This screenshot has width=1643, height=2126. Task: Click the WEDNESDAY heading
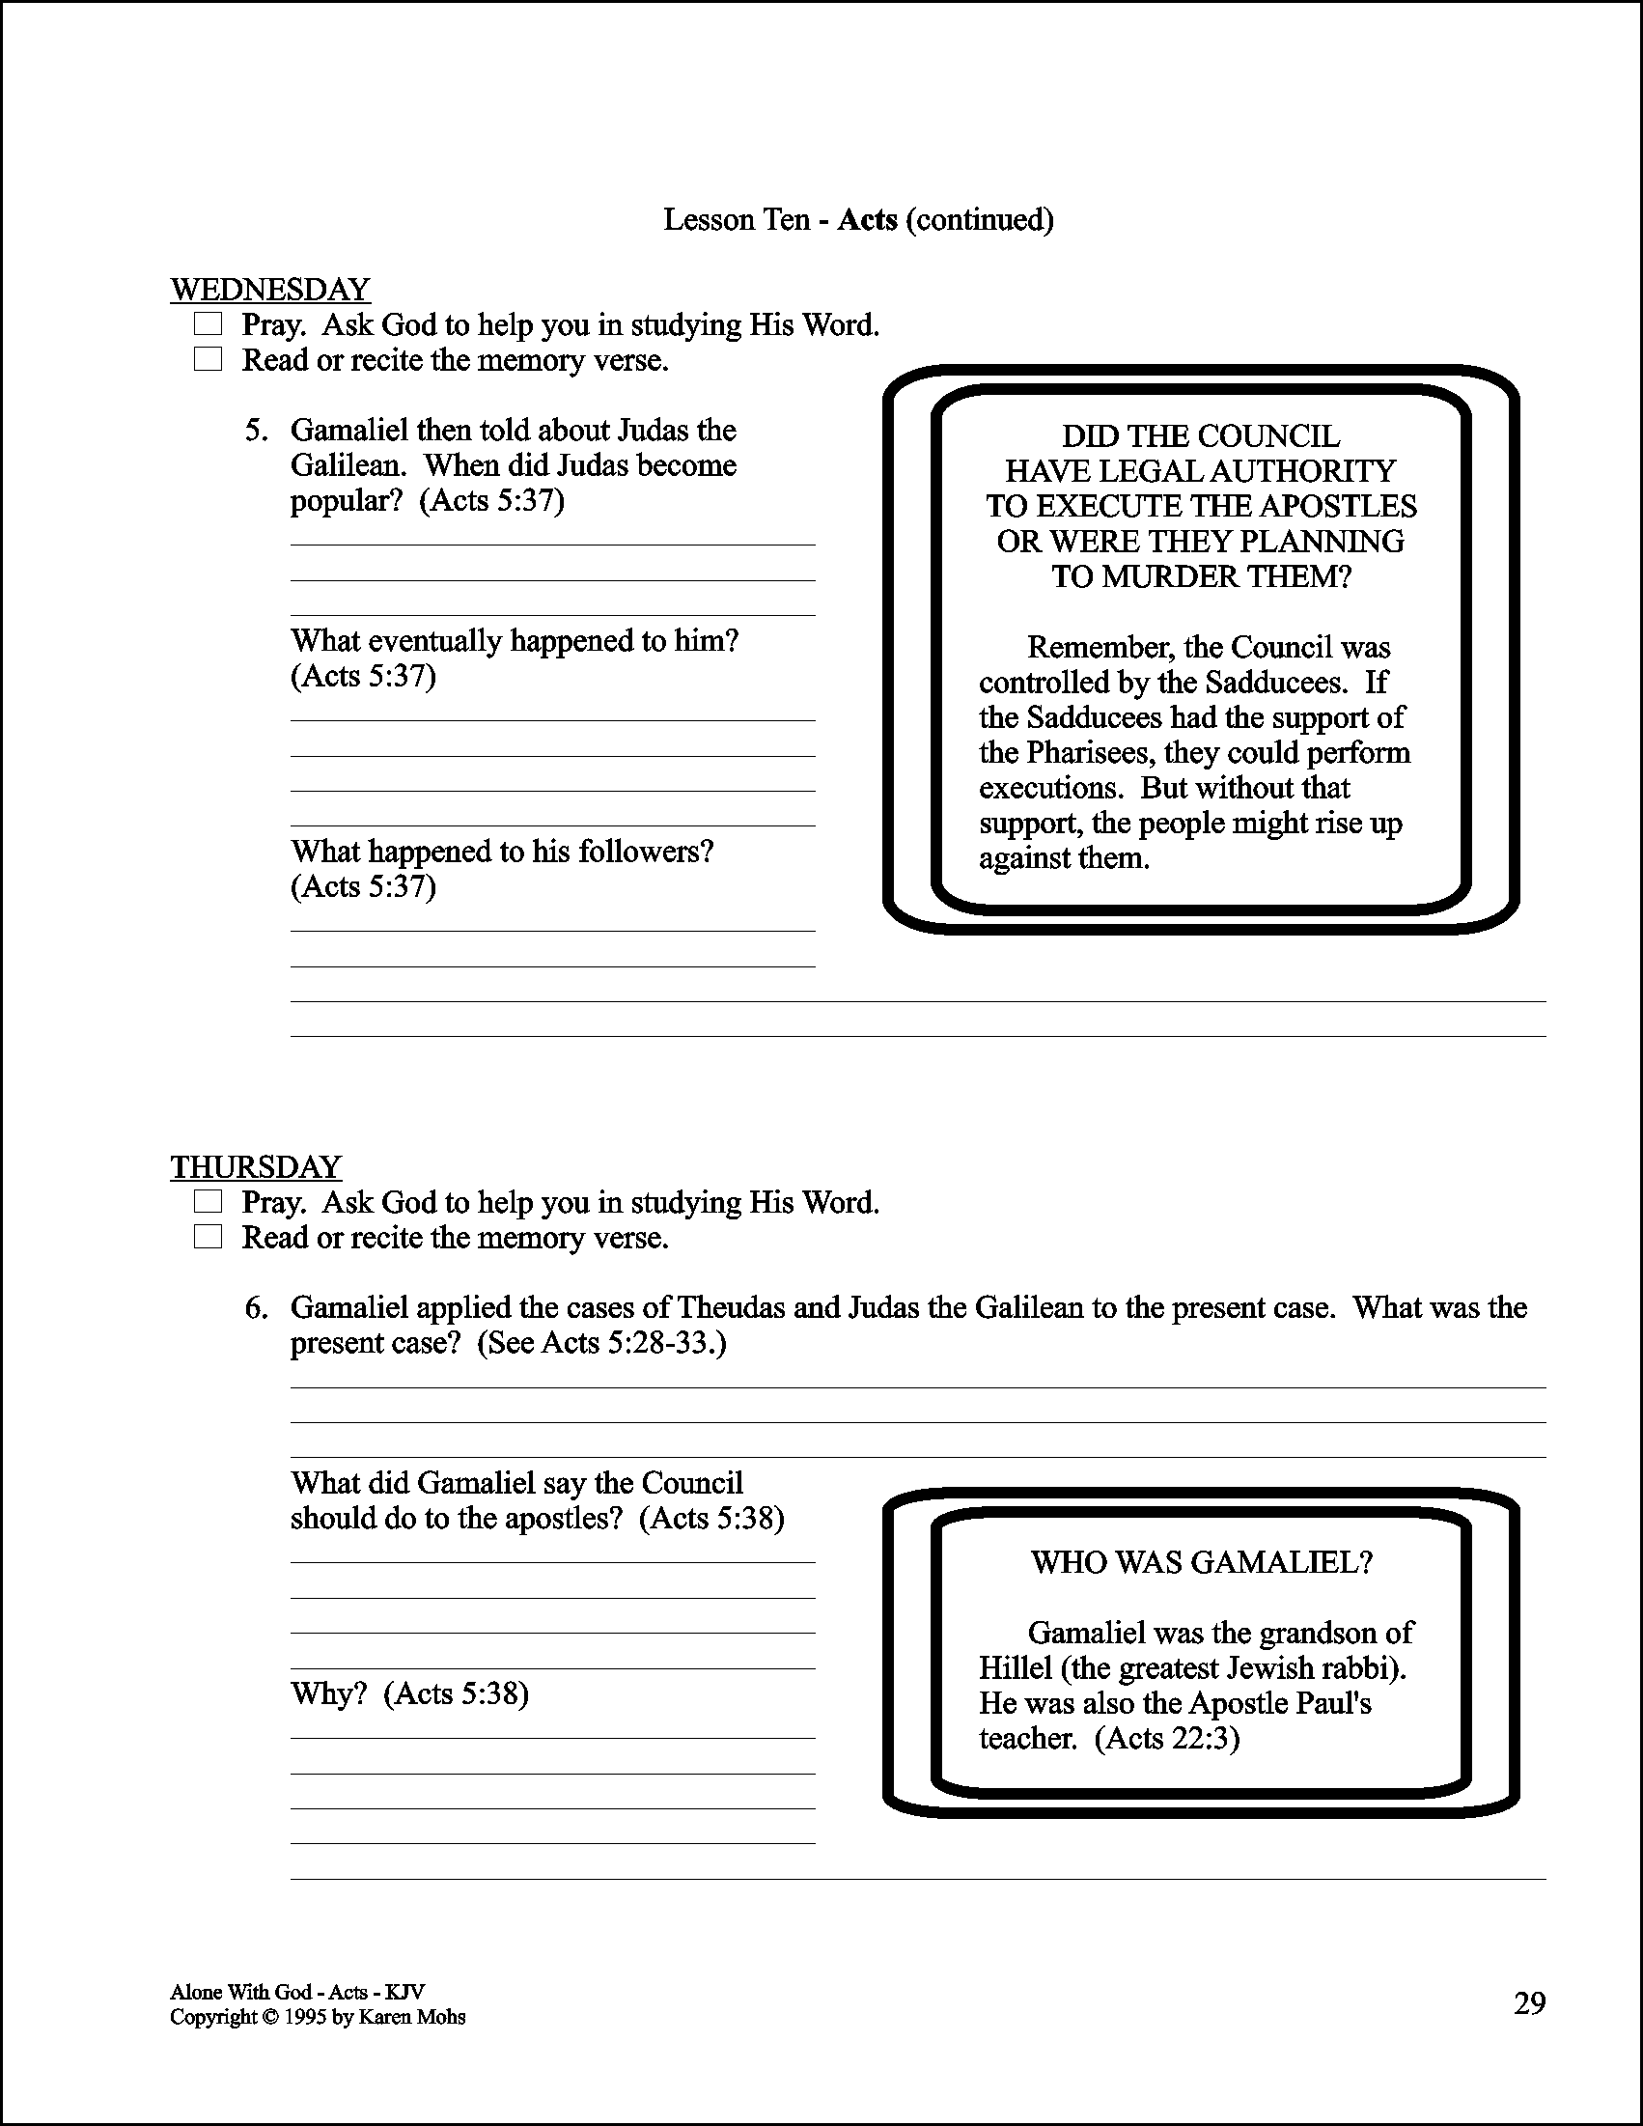tap(269, 289)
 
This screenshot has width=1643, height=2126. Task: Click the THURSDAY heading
tap(255, 1166)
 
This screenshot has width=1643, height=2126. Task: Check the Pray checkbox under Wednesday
tap(208, 323)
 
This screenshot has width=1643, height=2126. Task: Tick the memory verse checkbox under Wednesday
tap(208, 359)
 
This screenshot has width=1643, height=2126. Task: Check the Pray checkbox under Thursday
tap(208, 1201)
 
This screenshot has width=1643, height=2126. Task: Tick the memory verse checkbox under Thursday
tap(208, 1236)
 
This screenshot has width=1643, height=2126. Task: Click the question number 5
tap(255, 431)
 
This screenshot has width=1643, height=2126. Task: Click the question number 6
tap(255, 1307)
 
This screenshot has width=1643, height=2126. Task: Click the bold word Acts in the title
tap(866, 220)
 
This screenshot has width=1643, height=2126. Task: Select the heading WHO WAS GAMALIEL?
tap(1201, 1562)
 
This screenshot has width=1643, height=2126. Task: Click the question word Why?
tap(328, 1693)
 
